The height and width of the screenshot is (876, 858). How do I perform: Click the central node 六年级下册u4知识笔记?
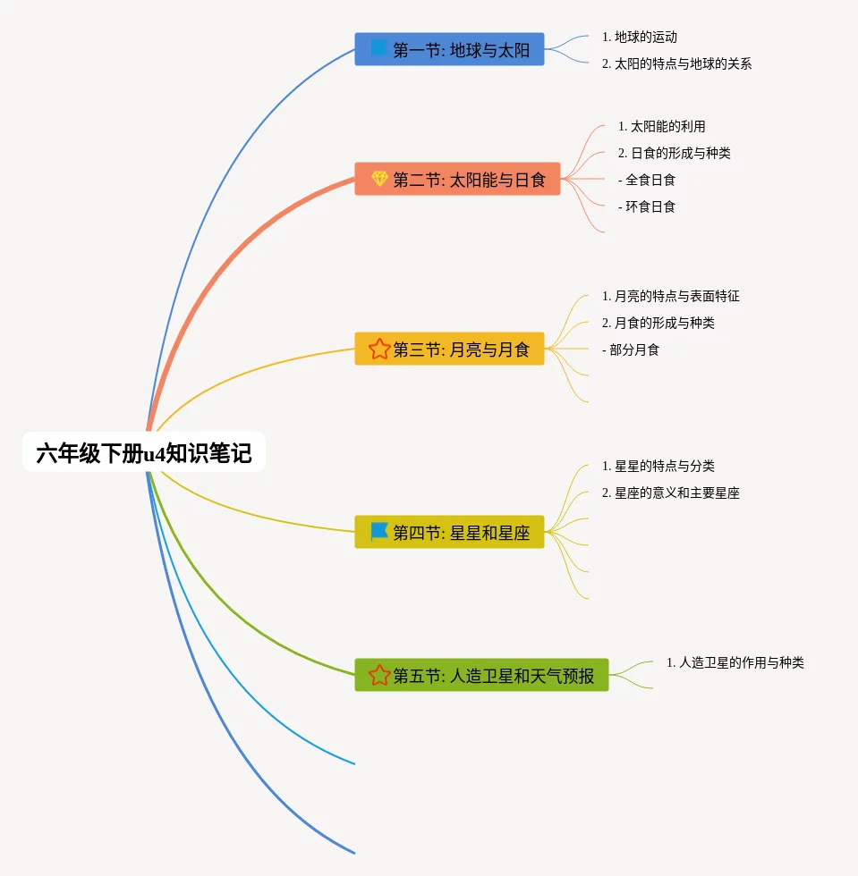tap(144, 453)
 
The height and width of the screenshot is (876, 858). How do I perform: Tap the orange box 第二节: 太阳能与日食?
tap(457, 180)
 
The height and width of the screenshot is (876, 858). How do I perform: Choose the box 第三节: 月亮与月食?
tap(449, 349)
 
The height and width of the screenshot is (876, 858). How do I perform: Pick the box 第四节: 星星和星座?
tap(449, 533)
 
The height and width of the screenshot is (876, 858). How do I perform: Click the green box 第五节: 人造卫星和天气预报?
tap(481, 675)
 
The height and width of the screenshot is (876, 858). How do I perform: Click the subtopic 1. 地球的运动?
tap(640, 38)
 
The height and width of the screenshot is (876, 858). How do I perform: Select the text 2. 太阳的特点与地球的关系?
tap(676, 64)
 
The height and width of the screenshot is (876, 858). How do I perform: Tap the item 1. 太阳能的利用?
tap(661, 127)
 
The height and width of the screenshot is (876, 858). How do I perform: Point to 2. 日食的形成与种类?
tap(674, 153)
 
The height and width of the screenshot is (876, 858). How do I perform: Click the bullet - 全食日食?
tap(646, 180)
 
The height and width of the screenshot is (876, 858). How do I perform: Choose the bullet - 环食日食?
tap(646, 206)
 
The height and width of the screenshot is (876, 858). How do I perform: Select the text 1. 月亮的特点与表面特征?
tap(671, 296)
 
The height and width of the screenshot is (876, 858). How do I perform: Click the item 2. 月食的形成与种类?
tap(658, 323)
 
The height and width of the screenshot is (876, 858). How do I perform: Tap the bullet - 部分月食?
tap(630, 350)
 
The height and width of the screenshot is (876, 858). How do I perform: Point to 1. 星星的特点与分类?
tap(658, 466)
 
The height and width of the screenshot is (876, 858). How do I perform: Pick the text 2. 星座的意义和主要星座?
tap(671, 493)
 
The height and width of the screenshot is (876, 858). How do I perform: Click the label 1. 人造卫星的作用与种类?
tap(735, 662)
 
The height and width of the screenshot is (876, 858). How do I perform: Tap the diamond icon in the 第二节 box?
tap(379, 179)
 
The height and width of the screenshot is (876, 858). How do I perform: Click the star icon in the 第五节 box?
tap(379, 675)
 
